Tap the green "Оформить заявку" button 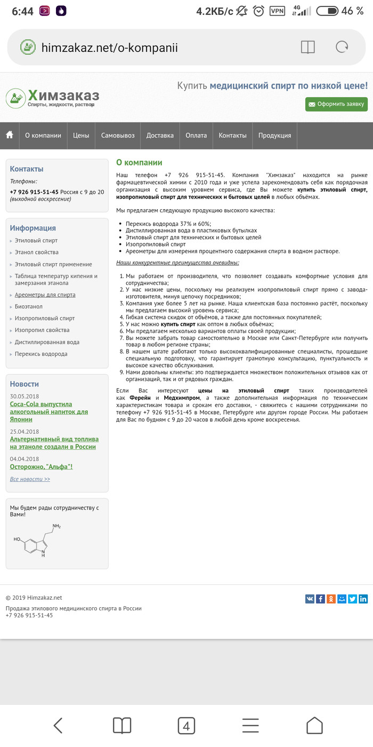(x=336, y=104)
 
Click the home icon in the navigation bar (x=10, y=135)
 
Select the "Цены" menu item (x=81, y=136)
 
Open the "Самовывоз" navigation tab (x=118, y=136)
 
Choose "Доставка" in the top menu (x=160, y=136)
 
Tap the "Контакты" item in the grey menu (x=232, y=136)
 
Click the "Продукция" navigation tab (x=274, y=136)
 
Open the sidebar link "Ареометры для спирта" (x=45, y=295)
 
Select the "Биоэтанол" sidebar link (x=29, y=306)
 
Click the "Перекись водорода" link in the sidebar (x=41, y=354)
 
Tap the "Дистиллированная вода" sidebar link (x=47, y=342)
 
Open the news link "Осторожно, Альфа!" (x=41, y=466)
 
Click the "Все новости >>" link (x=30, y=479)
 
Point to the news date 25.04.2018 (x=25, y=432)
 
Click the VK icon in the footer (x=310, y=599)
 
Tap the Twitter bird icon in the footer (x=352, y=599)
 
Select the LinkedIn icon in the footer (x=363, y=599)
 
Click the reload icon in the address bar (x=342, y=47)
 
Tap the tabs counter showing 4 (x=186, y=726)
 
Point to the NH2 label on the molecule (x=56, y=527)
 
